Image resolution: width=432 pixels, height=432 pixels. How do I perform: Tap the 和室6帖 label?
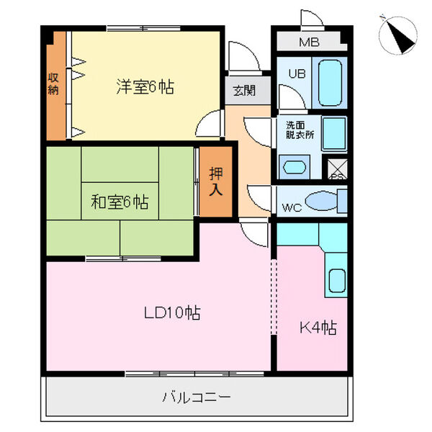click(x=120, y=202)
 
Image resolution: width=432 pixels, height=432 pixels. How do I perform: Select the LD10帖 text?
click(x=171, y=313)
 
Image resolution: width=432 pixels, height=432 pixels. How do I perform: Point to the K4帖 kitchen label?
click(x=318, y=328)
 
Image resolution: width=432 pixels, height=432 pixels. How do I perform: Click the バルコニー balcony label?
click(x=196, y=397)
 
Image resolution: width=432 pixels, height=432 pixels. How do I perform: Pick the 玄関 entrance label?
click(x=243, y=91)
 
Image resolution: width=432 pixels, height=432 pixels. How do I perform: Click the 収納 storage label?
click(x=53, y=84)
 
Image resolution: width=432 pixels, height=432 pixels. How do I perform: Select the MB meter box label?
click(x=309, y=41)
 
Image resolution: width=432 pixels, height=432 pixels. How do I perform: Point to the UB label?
click(x=297, y=73)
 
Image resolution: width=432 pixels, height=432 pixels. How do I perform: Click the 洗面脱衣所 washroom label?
click(x=300, y=129)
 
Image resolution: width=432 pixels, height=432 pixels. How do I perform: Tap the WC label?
click(x=291, y=208)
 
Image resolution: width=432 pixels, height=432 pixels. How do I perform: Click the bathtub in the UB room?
click(x=330, y=84)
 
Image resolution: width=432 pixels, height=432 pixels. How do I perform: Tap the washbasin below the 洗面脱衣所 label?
click(x=294, y=168)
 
